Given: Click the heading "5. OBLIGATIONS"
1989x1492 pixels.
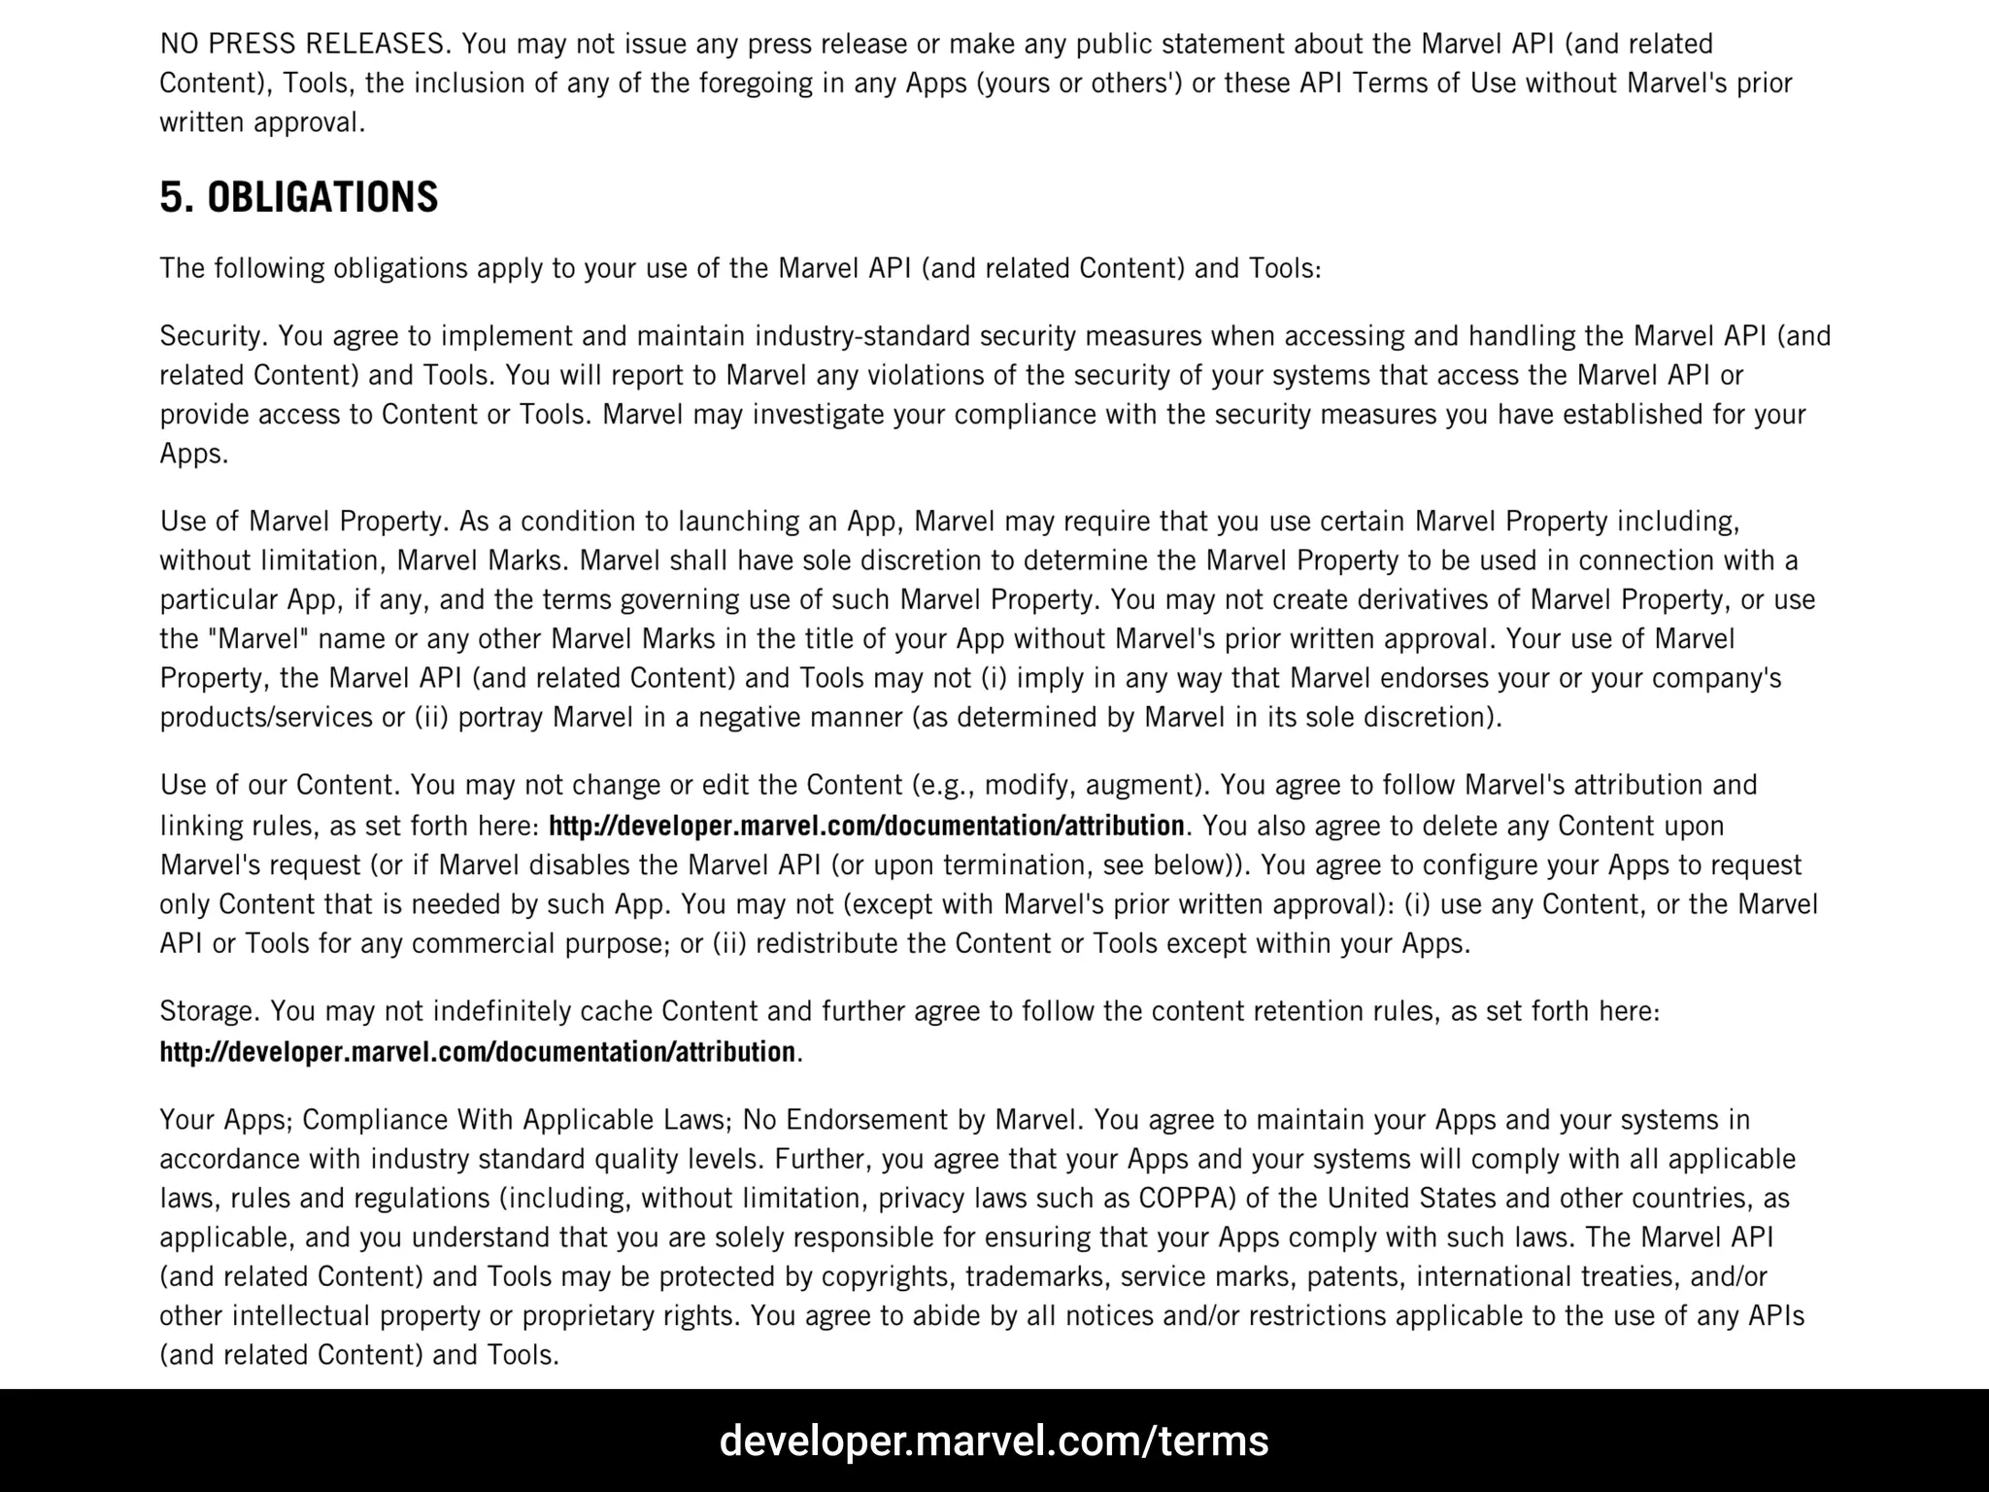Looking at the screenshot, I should click(x=299, y=197).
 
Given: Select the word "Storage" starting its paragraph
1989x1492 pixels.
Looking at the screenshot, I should click(x=208, y=1011).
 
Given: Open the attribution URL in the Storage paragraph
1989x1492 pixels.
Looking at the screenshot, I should click(x=477, y=1052).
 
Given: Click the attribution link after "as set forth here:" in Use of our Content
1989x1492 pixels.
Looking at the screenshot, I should click(x=866, y=826).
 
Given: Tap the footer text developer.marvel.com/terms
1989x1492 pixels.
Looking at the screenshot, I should click(x=994, y=1441).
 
